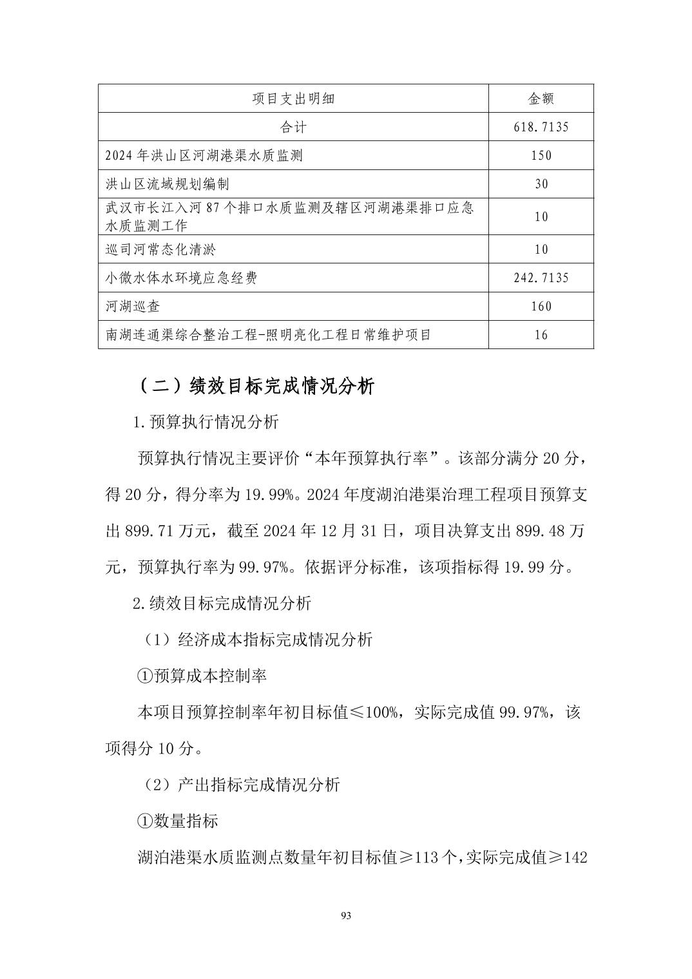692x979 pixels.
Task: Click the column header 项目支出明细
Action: click(293, 99)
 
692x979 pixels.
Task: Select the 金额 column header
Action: click(541, 99)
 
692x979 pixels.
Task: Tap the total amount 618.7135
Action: click(541, 127)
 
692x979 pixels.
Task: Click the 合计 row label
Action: click(293, 127)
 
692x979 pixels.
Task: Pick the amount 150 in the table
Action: click(541, 155)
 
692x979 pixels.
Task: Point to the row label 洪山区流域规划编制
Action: click(168, 184)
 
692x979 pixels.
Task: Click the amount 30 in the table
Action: click(541, 184)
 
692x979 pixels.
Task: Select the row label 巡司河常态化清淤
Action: click(161, 249)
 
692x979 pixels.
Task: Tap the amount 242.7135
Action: click(541, 278)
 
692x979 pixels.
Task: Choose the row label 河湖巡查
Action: click(133, 306)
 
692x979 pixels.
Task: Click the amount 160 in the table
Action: click(541, 306)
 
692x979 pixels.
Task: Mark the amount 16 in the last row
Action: click(541, 335)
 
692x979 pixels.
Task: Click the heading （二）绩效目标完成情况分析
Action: click(255, 386)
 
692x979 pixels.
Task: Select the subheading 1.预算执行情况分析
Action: click(205, 422)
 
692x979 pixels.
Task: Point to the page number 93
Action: click(346, 916)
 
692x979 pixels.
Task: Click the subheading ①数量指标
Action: click(178, 821)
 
